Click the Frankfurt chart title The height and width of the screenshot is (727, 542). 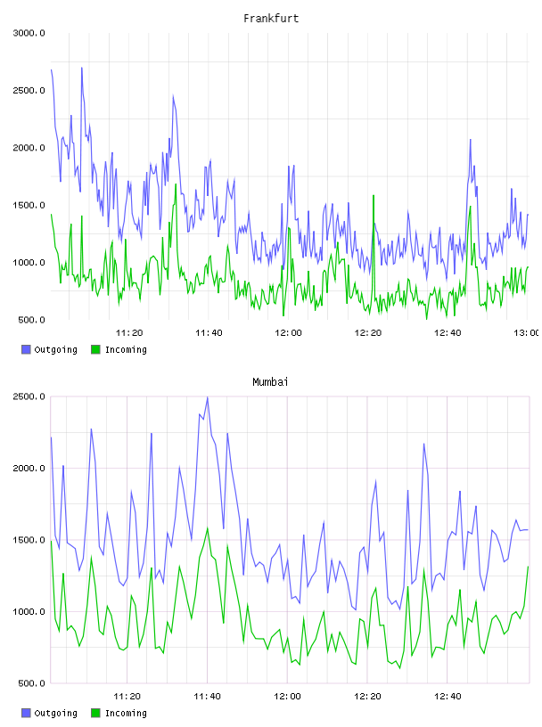(x=271, y=19)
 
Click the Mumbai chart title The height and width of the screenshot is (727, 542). (x=270, y=382)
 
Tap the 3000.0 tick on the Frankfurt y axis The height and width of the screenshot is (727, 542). (x=29, y=33)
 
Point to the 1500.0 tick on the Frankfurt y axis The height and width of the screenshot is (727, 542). (x=29, y=206)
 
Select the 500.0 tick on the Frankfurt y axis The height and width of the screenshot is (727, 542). (x=31, y=320)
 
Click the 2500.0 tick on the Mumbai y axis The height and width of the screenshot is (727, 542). (x=29, y=396)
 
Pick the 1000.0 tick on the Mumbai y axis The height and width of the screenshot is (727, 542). (x=29, y=611)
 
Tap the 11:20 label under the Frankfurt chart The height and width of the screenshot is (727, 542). (x=129, y=333)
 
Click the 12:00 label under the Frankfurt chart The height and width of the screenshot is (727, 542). (x=288, y=333)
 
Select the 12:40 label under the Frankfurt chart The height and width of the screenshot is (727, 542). (x=448, y=333)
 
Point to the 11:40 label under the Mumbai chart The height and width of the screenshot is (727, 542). (x=207, y=697)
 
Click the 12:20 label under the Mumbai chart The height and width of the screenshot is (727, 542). (x=367, y=697)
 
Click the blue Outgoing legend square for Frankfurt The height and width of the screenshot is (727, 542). (x=26, y=349)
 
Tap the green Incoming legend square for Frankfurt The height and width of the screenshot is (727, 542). (x=95, y=349)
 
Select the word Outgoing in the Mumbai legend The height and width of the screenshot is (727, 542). (x=55, y=713)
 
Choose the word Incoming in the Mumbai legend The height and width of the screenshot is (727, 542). (x=126, y=713)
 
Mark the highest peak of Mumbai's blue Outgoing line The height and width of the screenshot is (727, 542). (x=208, y=397)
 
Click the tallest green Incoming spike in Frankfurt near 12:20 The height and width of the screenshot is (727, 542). (x=374, y=196)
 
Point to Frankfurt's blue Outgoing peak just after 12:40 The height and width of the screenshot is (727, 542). (x=470, y=140)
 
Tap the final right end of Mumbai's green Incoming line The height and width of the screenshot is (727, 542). (x=528, y=567)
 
